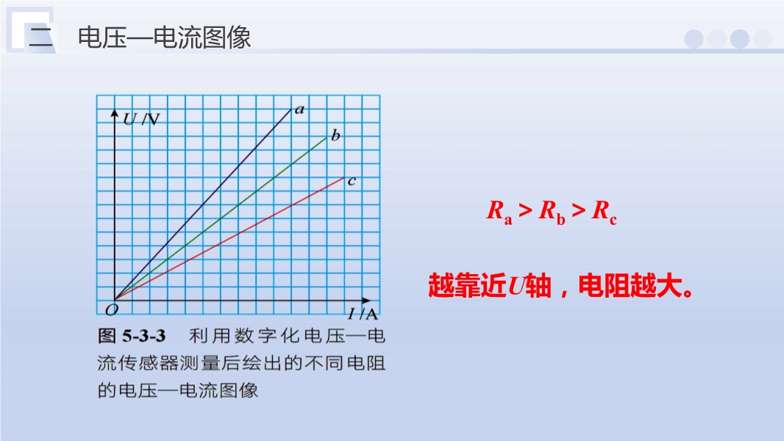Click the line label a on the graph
(x=299, y=110)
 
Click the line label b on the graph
(x=335, y=135)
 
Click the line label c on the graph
(x=352, y=181)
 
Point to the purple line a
(x=203, y=204)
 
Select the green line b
(x=221, y=218)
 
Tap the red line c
(x=229, y=239)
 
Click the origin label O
(x=112, y=309)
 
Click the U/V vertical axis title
(x=141, y=119)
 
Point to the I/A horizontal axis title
(x=363, y=314)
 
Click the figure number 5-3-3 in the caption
(x=144, y=336)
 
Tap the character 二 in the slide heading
(x=41, y=37)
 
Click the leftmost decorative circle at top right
(x=694, y=39)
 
